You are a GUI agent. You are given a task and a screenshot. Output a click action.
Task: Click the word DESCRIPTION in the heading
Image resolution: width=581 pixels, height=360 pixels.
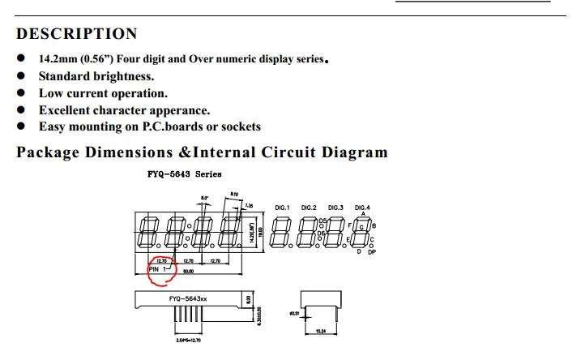(x=77, y=34)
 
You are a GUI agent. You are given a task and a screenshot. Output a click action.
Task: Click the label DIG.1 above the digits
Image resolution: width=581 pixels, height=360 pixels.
(x=283, y=208)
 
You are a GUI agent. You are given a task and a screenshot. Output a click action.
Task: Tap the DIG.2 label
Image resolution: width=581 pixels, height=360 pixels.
(x=309, y=208)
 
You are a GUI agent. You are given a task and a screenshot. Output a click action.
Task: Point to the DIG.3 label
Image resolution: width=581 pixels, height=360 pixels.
(x=336, y=208)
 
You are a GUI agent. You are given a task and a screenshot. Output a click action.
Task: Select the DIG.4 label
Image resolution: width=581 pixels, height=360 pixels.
(x=362, y=208)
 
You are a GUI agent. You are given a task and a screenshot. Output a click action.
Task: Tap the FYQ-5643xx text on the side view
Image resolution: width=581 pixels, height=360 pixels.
(x=187, y=299)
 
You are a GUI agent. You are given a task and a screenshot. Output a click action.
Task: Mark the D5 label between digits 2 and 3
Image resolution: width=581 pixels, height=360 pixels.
(x=322, y=221)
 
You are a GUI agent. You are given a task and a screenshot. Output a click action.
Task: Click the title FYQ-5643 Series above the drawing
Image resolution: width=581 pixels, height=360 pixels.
(x=186, y=174)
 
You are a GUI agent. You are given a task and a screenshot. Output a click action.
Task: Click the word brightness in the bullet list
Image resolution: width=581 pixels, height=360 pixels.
(x=123, y=76)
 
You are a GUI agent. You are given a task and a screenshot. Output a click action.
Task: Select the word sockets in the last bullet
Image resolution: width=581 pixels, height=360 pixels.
(x=237, y=126)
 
